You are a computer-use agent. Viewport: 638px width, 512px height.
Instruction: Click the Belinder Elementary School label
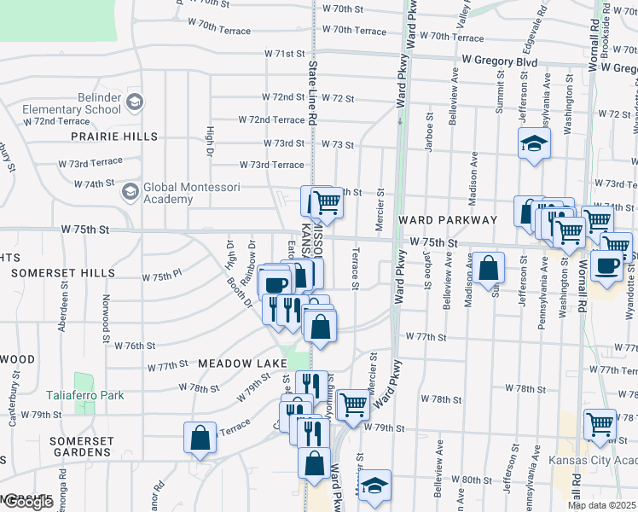72,103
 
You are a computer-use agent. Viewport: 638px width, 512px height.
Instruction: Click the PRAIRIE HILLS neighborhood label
114,137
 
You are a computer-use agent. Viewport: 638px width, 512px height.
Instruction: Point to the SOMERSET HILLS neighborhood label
63,273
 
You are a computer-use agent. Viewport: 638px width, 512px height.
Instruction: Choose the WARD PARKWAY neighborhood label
447,220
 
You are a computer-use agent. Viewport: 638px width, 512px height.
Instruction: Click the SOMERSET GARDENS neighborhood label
81,446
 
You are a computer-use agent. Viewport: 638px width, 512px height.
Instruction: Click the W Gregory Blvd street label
499,61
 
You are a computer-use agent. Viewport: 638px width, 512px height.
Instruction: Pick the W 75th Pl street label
162,277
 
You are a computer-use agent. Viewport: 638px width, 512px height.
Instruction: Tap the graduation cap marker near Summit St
534,143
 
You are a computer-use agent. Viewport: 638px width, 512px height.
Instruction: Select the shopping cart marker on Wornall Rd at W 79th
600,423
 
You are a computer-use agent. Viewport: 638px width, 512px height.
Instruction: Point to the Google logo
27,503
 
